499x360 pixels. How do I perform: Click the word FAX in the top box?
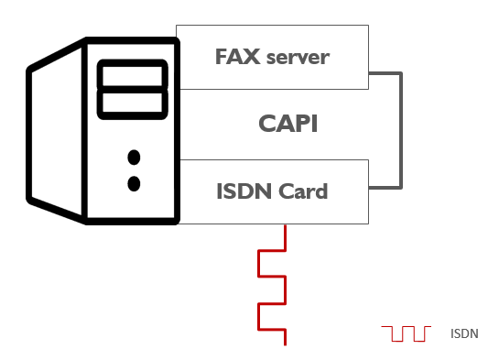coord(234,57)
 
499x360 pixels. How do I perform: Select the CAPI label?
coord(287,124)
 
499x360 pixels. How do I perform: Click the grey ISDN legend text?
coord(464,333)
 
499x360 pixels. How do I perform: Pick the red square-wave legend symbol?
coord(406,333)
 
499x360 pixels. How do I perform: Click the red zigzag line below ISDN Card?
coord(273,284)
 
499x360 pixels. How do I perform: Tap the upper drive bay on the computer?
coord(133,75)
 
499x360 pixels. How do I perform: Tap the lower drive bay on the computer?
coord(133,103)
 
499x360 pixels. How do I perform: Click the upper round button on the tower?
coord(134,156)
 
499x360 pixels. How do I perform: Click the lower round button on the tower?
coord(134,183)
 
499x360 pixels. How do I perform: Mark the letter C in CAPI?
coord(266,124)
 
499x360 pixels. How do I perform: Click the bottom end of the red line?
coord(287,344)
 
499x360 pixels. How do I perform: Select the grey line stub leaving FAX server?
coord(385,73)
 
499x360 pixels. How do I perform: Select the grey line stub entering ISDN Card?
coord(385,189)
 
